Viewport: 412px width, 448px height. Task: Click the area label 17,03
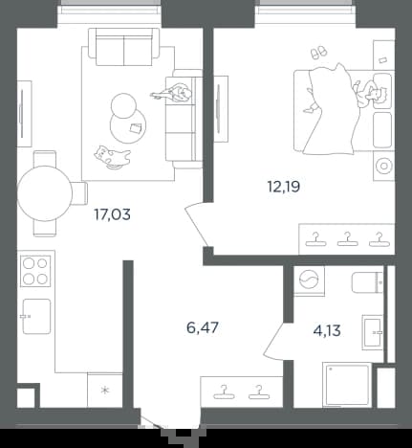coord(112,214)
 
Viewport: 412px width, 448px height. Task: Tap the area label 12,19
coord(284,187)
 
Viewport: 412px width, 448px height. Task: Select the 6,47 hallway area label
coord(203,327)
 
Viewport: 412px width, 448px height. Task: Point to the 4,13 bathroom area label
coord(327,330)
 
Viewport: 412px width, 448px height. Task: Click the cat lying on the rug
coord(112,157)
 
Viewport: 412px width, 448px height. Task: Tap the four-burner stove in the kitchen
coord(35,271)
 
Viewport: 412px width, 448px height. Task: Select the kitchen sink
coord(36,316)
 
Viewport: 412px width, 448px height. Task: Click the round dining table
coord(45,193)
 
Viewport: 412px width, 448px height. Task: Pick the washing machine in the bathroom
coord(309,280)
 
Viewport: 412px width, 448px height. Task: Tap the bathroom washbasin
coord(372,332)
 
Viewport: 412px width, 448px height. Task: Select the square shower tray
coord(346,385)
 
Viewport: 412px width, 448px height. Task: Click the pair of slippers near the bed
coord(318,52)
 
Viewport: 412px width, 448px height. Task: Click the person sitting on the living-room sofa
coord(173,93)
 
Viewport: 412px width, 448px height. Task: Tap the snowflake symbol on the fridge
coord(105,390)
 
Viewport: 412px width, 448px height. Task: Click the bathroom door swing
coord(273,342)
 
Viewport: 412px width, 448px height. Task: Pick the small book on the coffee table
coord(137,127)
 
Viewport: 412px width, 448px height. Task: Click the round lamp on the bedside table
coord(383,166)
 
